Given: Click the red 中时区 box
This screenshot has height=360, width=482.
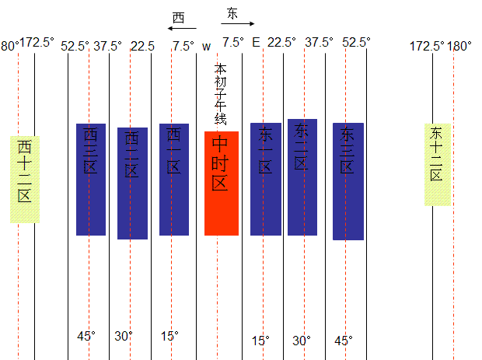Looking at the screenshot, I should point(222,183).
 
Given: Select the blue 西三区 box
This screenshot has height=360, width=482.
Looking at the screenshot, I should point(91,179).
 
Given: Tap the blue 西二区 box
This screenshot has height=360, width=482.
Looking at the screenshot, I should point(132,183).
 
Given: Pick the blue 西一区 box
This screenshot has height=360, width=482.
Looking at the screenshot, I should point(174,179).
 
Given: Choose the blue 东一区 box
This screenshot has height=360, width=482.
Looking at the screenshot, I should point(265,179).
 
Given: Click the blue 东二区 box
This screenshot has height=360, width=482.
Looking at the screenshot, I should point(302,177).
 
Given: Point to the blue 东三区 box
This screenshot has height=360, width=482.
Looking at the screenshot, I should point(348,181).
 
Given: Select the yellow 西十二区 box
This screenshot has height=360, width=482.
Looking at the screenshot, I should point(25,179).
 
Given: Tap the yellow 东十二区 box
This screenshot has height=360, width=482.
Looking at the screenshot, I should point(437,165).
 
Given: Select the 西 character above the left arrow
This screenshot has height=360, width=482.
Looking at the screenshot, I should point(178,17).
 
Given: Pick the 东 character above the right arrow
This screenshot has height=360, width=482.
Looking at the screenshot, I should point(232,13).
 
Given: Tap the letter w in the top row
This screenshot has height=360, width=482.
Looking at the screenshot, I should point(206,46).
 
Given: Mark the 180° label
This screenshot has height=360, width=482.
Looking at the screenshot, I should point(459,46).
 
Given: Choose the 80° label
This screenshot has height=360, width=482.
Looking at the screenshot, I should point(9,46).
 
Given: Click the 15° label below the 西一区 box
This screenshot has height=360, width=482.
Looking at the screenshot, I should point(169,336).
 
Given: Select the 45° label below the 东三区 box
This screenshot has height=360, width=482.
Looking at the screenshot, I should point(343,341).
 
